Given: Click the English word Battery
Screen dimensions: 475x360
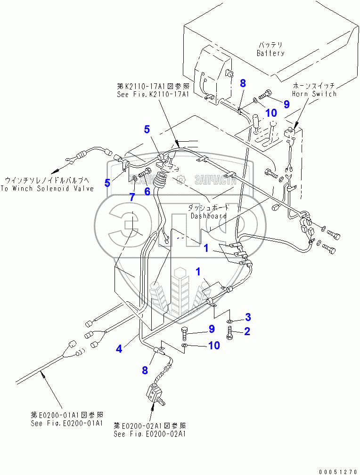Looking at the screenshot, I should pos(270,53).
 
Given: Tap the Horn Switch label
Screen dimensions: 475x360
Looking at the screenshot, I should pos(314,94).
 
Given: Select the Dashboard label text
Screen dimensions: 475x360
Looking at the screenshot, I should pos(209,216).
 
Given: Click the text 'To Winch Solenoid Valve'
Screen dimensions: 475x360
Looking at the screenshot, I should pos(47,188).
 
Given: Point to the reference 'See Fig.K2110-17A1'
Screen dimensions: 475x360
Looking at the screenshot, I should pos(153,94).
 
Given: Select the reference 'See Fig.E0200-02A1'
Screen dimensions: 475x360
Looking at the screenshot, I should pos(150,434).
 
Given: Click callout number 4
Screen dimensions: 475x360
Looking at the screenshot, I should pos(119,349).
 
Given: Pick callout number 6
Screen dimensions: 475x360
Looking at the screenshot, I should pos(147,191).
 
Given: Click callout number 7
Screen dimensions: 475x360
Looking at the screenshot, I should pos(132,197).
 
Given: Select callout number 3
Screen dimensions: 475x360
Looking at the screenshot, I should pos(247,316).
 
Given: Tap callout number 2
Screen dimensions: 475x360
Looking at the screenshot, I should pos(247,331).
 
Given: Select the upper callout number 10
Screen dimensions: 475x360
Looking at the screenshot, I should pos(270,113).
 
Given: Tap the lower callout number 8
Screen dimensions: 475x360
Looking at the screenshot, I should pos(145,370).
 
